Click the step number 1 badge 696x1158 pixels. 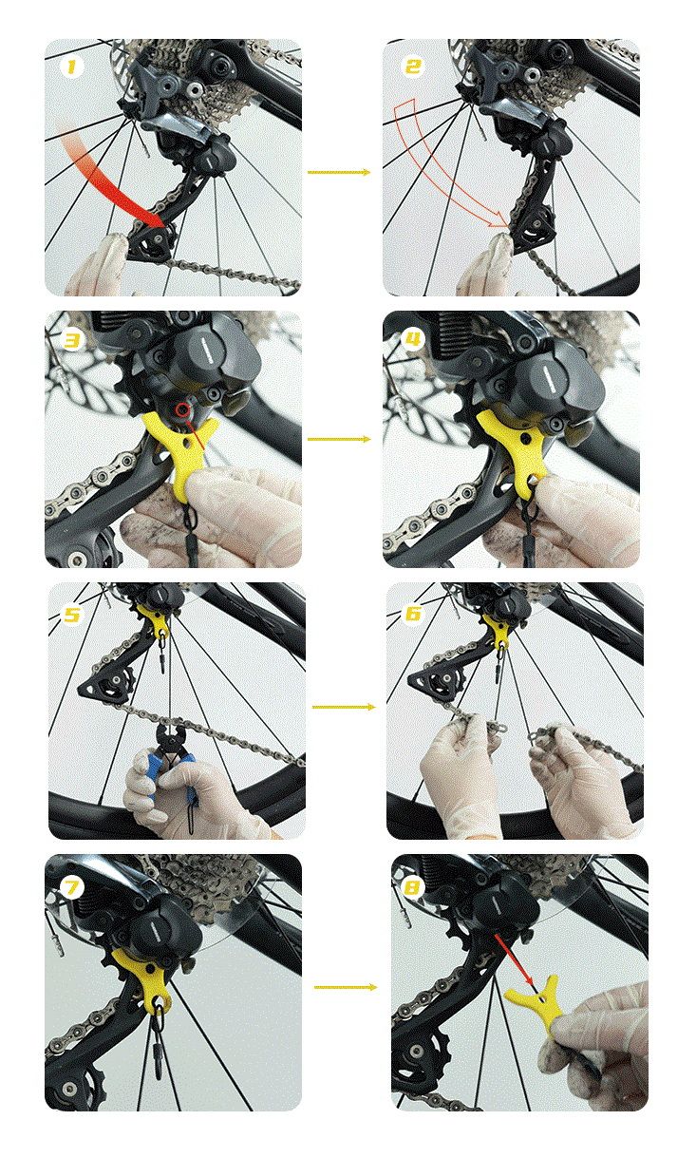[72, 66]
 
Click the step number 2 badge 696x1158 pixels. [413, 66]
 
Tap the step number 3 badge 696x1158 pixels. [72, 340]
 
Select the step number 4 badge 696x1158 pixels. [413, 340]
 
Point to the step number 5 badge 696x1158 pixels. [72, 615]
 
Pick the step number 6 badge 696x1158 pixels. [413, 614]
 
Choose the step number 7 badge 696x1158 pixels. [72, 887]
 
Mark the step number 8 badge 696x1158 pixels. [413, 887]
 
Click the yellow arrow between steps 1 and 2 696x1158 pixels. [339, 172]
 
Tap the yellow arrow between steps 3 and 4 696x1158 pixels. [339, 440]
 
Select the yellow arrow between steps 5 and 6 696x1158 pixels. [344, 707]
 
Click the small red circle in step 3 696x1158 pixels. [182, 410]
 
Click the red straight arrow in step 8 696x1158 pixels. [513, 959]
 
